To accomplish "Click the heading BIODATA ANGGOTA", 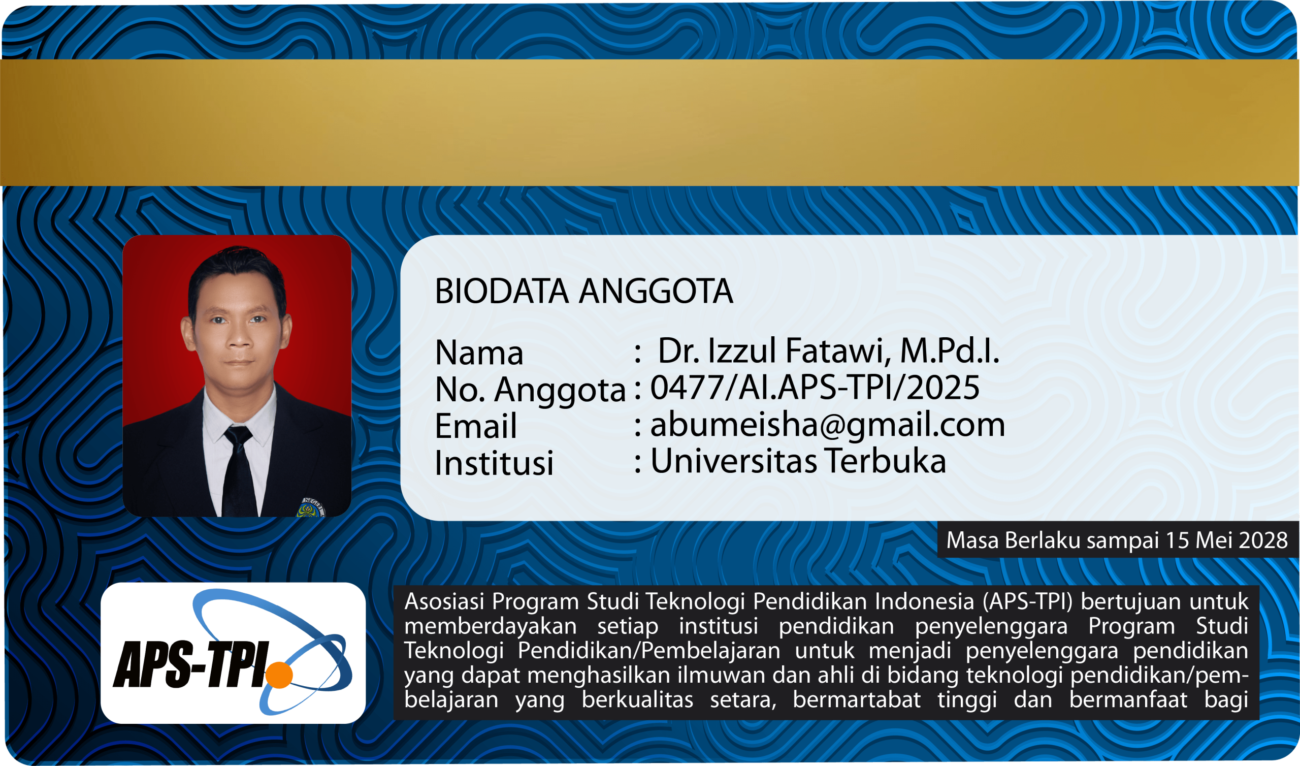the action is point(583,291).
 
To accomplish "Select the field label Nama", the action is point(479,353).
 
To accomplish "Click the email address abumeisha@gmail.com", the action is point(827,425).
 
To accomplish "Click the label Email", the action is point(476,426).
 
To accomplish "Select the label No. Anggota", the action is point(530,390).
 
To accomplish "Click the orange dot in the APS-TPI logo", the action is point(279,675).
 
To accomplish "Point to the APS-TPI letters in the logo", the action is point(191,664).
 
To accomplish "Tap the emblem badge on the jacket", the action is point(311,507).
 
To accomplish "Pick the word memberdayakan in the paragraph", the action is point(490,626).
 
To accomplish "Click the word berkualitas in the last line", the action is point(638,700).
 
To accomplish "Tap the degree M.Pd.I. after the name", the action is point(950,350).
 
